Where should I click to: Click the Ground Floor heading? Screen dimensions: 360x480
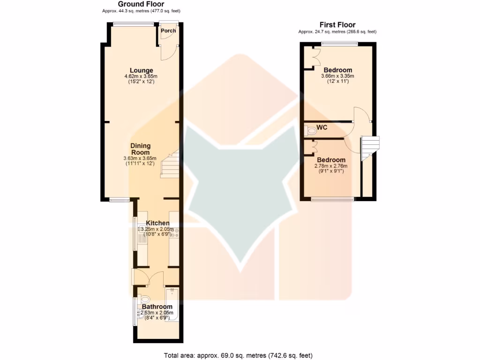click(x=141, y=4)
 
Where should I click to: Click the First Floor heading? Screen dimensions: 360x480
click(x=337, y=25)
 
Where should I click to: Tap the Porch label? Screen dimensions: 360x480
click(x=168, y=31)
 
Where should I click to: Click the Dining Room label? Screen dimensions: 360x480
click(x=140, y=149)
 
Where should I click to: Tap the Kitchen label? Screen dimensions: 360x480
click(x=157, y=223)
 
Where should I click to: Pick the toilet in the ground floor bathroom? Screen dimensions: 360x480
click(x=143, y=299)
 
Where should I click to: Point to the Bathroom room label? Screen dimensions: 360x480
click(x=157, y=307)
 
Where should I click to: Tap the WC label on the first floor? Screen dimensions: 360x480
click(x=322, y=127)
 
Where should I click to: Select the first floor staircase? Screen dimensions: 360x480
click(x=370, y=146)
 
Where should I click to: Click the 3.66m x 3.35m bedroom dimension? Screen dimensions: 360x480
click(x=337, y=76)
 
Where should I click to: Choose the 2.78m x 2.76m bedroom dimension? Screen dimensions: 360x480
click(x=331, y=166)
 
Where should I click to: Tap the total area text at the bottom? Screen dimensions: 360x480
click(x=238, y=355)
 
